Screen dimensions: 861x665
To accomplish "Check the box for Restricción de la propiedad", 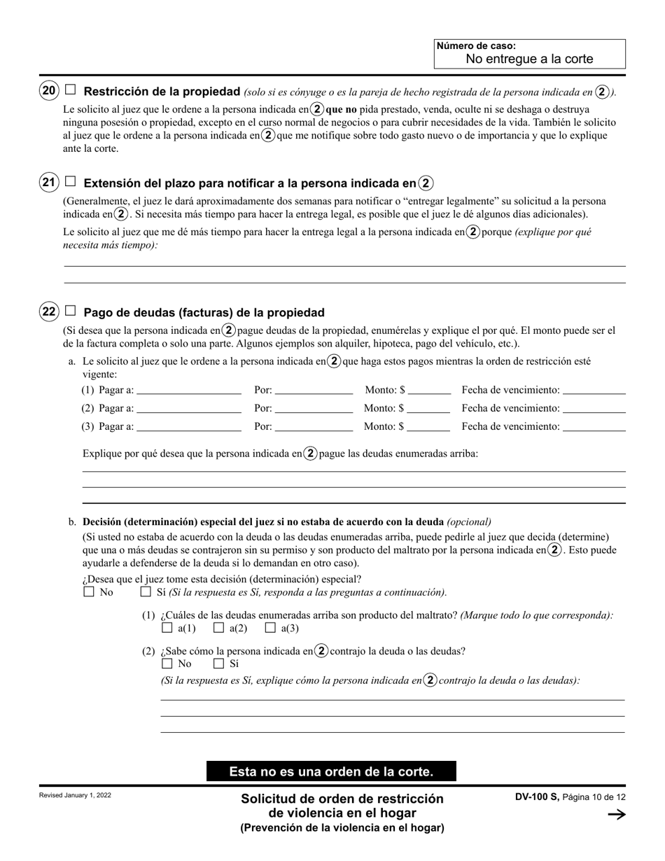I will click(70, 90).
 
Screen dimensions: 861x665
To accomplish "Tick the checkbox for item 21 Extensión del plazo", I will click(70, 182).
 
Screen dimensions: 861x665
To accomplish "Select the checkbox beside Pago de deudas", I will click(70, 311).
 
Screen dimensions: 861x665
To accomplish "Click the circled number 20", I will click(49, 90).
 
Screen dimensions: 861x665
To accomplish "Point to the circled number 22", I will click(49, 311).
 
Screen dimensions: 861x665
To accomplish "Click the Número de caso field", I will click(529, 59).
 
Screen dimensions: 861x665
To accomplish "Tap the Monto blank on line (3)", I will click(429, 426).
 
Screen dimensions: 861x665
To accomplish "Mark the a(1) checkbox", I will click(167, 628).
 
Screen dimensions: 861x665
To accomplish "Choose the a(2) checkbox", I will click(218, 628).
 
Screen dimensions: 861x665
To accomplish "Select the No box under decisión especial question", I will click(88, 592).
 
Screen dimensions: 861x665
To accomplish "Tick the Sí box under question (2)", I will click(218, 664).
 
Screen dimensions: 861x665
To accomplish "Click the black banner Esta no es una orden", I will click(331, 771).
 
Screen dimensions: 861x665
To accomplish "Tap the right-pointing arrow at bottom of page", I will click(617, 814).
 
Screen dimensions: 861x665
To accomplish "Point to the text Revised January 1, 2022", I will click(76, 796).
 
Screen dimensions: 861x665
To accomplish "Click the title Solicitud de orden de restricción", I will click(342, 799).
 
